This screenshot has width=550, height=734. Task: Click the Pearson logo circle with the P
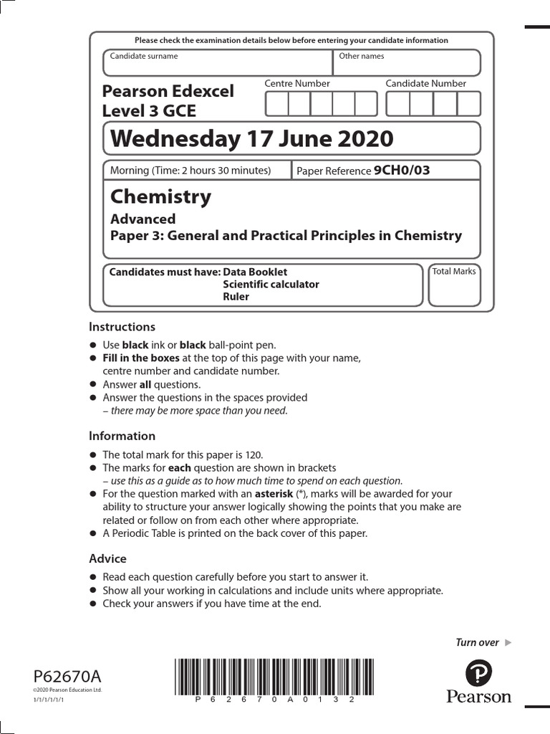coord(478,673)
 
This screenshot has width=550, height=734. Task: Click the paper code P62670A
coord(67,676)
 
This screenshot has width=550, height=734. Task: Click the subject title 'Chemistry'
coord(161,196)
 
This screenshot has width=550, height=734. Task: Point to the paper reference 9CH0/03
coord(402,171)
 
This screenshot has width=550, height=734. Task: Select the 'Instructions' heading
coord(122,327)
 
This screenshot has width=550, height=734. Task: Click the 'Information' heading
coord(122,436)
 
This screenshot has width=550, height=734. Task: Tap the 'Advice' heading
coord(107,558)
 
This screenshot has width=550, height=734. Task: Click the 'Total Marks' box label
coord(454,272)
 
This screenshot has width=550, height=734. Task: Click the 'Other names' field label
coord(362,56)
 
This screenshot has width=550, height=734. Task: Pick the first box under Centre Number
coord(277,104)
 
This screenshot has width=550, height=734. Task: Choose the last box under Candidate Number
coord(468,104)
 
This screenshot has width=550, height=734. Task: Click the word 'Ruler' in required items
coord(236,297)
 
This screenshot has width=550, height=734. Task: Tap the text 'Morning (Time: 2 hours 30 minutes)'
coord(190,171)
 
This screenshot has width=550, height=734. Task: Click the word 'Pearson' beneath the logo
coord(478,697)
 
